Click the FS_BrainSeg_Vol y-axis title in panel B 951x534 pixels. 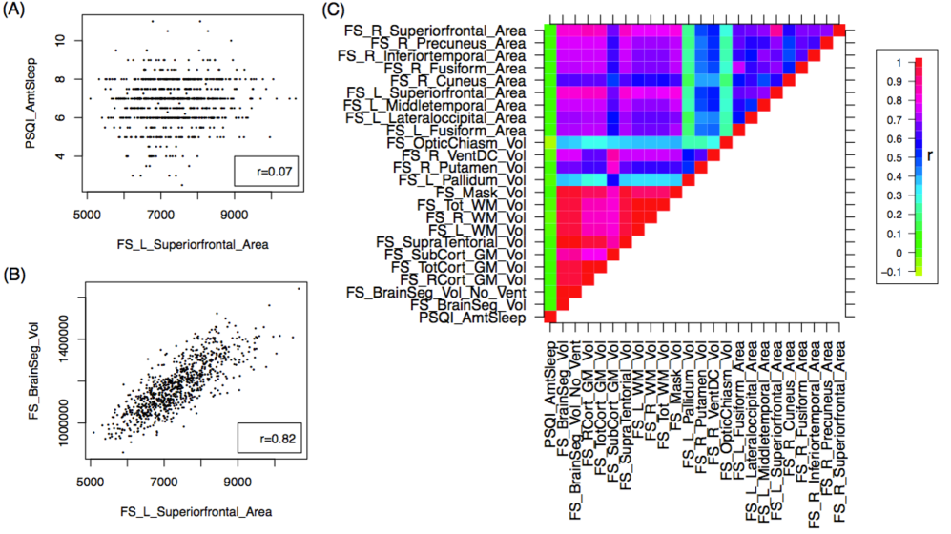click(57, 366)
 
